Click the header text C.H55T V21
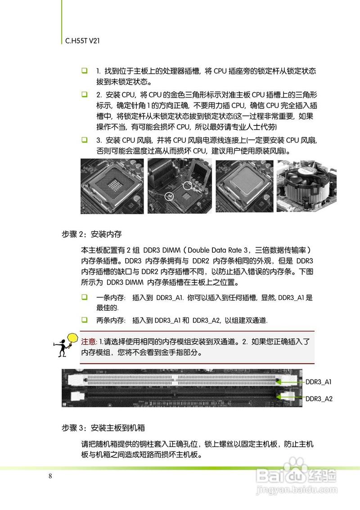click(80, 40)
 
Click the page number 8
click(50, 476)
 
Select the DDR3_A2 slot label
click(319, 398)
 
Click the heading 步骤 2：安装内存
click(91, 234)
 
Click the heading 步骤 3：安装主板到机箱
click(103, 427)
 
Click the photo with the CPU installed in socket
click(243, 187)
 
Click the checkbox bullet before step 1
click(84, 72)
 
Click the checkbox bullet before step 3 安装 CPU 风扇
click(84, 140)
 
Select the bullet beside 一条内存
click(84, 297)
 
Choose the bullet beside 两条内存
click(84, 320)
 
